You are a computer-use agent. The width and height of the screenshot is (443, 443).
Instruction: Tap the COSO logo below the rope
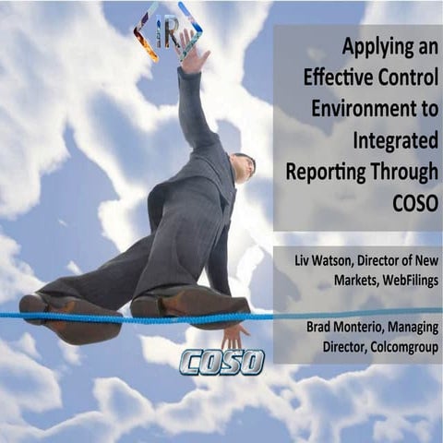pos(221,361)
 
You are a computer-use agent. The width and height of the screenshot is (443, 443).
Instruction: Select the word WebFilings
pos(392,286)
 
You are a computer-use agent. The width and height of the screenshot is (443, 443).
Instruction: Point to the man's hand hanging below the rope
pos(233,333)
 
